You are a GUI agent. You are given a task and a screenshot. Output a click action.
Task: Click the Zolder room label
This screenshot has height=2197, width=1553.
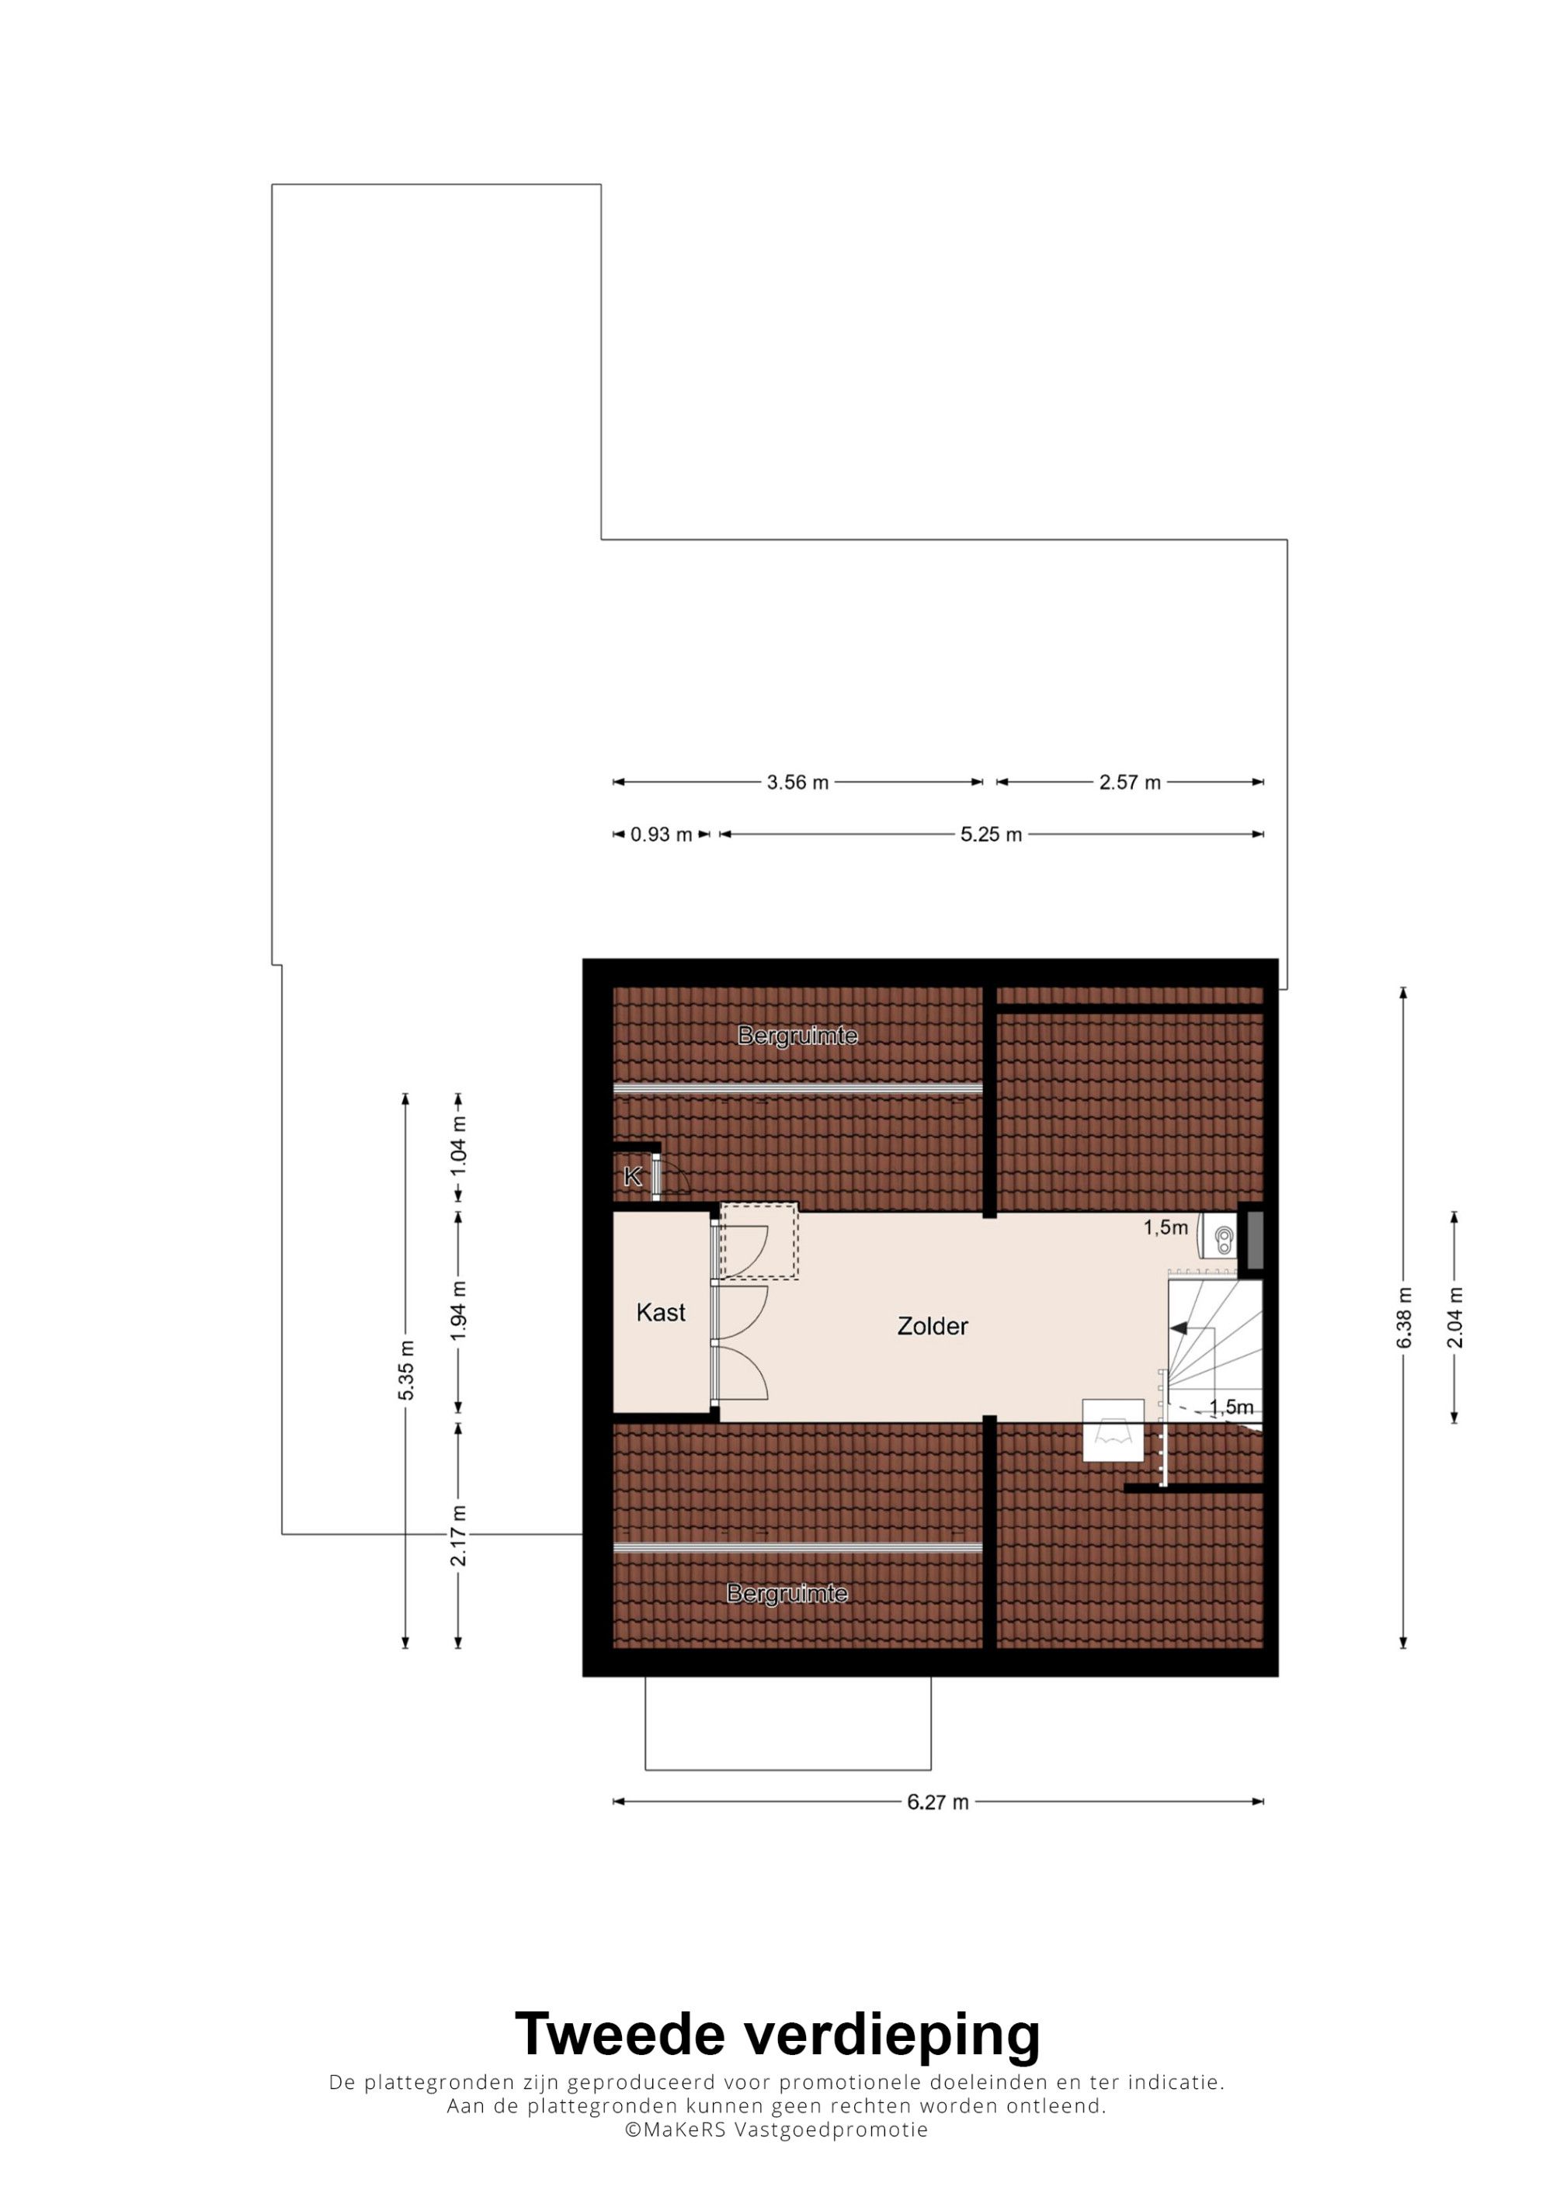click(932, 1326)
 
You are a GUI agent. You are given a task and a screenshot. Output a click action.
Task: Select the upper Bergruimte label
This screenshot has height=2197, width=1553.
click(797, 1036)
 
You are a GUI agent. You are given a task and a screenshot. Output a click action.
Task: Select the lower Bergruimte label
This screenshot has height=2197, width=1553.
click(787, 1593)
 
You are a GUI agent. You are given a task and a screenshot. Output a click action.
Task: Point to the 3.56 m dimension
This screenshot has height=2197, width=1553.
click(797, 783)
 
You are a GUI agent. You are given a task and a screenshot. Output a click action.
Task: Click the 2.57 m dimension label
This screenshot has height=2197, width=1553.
click(1129, 783)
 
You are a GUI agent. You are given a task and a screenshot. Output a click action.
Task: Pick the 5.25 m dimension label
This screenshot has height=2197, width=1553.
click(992, 835)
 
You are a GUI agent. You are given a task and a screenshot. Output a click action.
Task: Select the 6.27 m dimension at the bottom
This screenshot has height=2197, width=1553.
click(938, 1802)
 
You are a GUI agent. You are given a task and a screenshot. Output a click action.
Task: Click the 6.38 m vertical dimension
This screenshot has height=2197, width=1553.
click(1403, 1318)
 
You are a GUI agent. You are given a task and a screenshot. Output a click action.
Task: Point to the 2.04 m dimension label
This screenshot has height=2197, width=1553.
click(1454, 1317)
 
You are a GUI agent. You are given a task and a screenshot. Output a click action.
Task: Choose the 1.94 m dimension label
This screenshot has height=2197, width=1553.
click(458, 1312)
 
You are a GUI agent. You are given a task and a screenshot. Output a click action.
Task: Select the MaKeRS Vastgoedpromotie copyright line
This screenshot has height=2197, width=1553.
click(776, 2130)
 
